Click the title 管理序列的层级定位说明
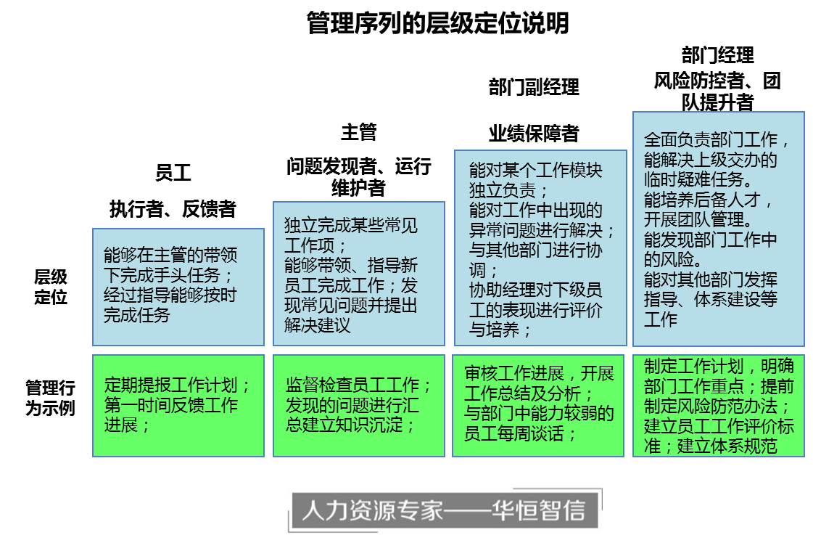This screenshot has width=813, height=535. coord(438,23)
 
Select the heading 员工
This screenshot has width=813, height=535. coord(173,172)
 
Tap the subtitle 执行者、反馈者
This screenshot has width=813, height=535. coord(173,209)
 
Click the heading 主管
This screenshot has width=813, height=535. coord(359,132)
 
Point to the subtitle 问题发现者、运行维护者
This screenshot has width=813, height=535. coord(359,176)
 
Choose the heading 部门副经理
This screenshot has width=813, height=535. coord(534,88)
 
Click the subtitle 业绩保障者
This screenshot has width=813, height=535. coord(534,134)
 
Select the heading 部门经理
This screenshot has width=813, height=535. coord(717,55)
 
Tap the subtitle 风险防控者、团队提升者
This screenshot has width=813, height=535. coord(717,91)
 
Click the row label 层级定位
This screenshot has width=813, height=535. coord(51,287)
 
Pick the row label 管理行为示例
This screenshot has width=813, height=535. coord(50,398)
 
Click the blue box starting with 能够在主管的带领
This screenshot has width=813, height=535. coord(178,287)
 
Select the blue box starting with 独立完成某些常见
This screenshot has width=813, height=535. coord(359,274)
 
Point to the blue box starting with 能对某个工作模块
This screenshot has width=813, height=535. coord(540,248)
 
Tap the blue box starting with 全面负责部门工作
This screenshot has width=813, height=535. coord(718,229)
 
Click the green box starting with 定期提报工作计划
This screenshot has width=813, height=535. coord(178,405)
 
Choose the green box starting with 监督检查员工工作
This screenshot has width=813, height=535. coord(359,405)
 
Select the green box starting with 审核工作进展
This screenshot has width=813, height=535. coord(538,405)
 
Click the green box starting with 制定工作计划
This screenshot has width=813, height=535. coord(718,405)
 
